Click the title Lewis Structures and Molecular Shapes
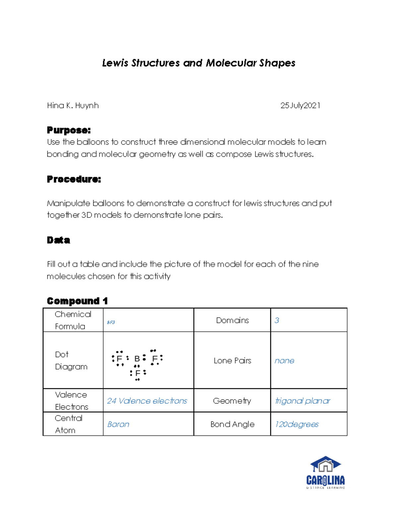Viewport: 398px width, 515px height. [198, 63]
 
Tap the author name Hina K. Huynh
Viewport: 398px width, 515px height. [73, 105]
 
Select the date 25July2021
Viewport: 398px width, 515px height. [300, 105]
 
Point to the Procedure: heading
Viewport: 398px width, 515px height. [74, 179]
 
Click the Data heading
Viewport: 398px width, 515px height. [58, 240]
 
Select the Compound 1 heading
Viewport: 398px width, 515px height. [77, 301]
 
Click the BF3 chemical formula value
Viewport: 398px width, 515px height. [111, 322]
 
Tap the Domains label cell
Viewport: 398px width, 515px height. [232, 320]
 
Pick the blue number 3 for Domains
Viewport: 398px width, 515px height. [277, 320]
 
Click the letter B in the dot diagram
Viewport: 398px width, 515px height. [137, 358]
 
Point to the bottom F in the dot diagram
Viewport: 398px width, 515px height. [138, 373]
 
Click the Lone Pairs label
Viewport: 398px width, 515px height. [232, 360]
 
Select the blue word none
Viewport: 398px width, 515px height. [284, 361]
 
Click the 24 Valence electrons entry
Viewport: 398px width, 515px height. [147, 401]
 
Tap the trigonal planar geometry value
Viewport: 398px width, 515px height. [302, 401]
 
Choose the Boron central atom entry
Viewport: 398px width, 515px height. [118, 424]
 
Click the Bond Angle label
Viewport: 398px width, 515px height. [232, 424]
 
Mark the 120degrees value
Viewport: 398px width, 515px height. [297, 424]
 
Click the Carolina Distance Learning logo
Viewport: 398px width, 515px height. [325, 473]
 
